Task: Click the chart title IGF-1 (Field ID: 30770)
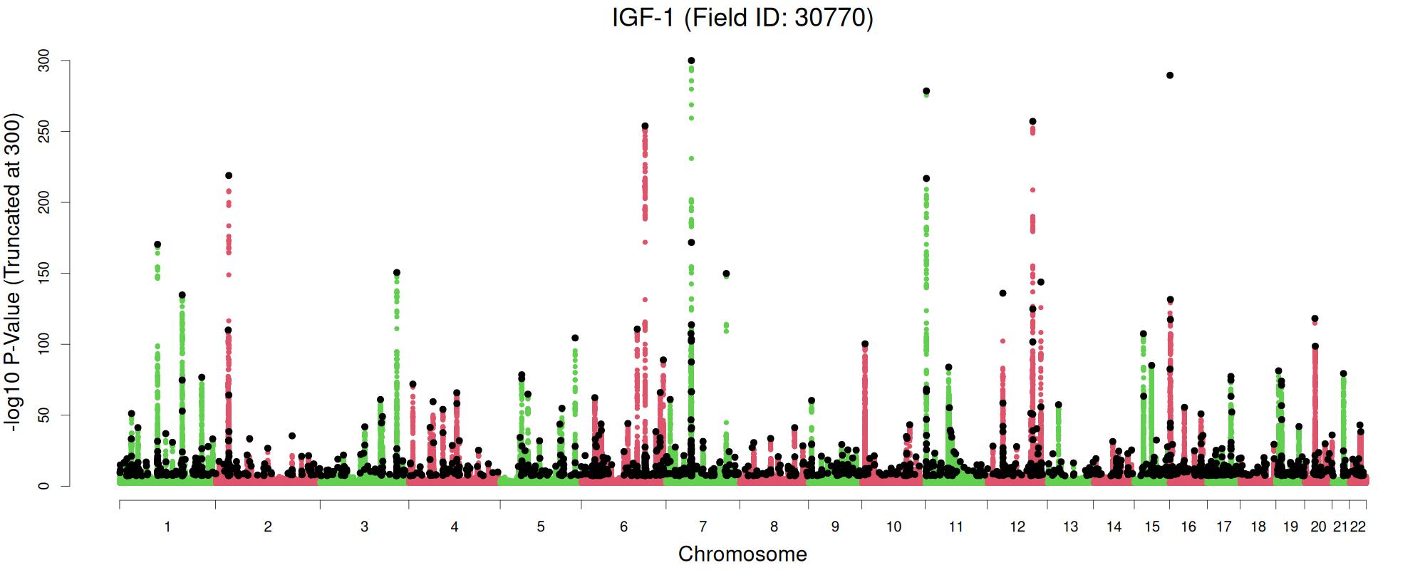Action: click(x=742, y=17)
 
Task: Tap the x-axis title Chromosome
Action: click(x=742, y=554)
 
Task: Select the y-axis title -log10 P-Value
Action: click(x=13, y=271)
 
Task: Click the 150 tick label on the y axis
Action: click(x=44, y=273)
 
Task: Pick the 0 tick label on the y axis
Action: click(x=44, y=486)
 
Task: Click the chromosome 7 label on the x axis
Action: click(x=703, y=527)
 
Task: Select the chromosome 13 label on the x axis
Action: click(x=1070, y=527)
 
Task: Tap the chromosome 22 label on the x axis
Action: click(x=1358, y=527)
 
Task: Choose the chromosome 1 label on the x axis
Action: click(x=167, y=527)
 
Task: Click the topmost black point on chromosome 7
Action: click(x=691, y=61)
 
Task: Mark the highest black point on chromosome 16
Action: click(x=1170, y=75)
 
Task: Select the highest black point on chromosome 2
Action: click(x=229, y=175)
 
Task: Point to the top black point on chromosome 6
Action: click(x=645, y=126)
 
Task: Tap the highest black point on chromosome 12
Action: click(x=1032, y=121)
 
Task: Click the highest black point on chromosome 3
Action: click(x=397, y=272)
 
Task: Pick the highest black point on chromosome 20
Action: click(x=1315, y=318)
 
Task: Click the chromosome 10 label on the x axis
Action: click(x=893, y=527)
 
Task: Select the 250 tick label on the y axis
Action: click(x=44, y=131)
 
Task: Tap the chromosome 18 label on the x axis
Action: click(x=1258, y=527)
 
